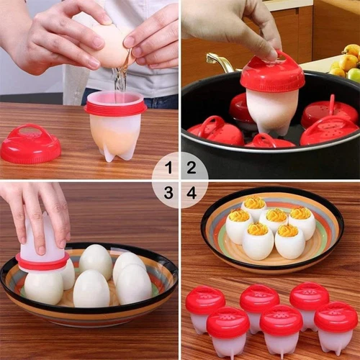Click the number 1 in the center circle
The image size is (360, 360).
click(x=168, y=169)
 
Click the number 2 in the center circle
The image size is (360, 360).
click(x=192, y=169)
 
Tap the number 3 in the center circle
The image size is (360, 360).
click(x=168, y=192)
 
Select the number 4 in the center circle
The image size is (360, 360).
click(x=192, y=192)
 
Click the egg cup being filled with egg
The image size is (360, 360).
click(x=114, y=130)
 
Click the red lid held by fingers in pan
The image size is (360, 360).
click(x=272, y=72)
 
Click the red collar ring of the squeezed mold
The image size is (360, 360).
click(x=43, y=261)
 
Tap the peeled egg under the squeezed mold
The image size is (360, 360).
click(x=43, y=287)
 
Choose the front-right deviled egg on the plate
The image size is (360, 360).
click(x=289, y=242)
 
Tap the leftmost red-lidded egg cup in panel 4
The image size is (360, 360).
click(x=204, y=306)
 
